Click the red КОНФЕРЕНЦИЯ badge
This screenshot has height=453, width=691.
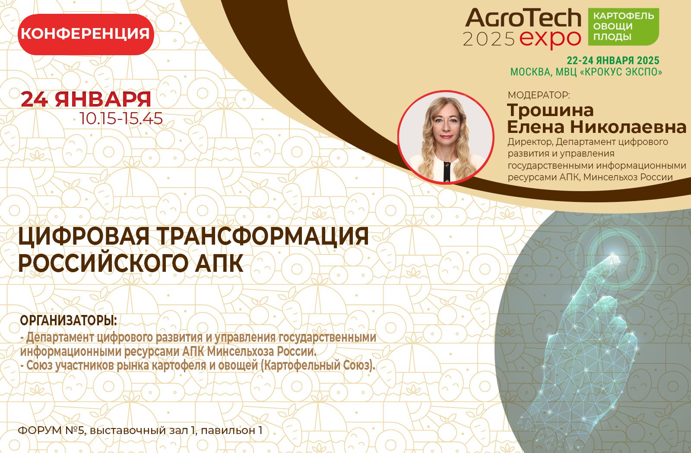[86, 34]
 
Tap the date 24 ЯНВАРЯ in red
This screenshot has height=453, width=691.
[86, 100]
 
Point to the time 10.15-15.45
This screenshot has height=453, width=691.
[121, 118]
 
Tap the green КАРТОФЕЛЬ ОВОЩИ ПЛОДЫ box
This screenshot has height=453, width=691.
[623, 27]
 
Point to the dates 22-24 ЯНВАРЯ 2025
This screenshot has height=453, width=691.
[613, 60]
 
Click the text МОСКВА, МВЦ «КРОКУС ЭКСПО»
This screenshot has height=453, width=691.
[586, 72]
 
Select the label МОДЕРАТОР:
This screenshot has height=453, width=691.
[539, 95]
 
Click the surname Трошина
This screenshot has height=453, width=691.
[550, 110]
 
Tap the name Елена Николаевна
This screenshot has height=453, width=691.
[596, 127]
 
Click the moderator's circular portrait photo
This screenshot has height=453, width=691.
[445, 137]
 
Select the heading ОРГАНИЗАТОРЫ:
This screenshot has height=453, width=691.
[69, 321]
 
